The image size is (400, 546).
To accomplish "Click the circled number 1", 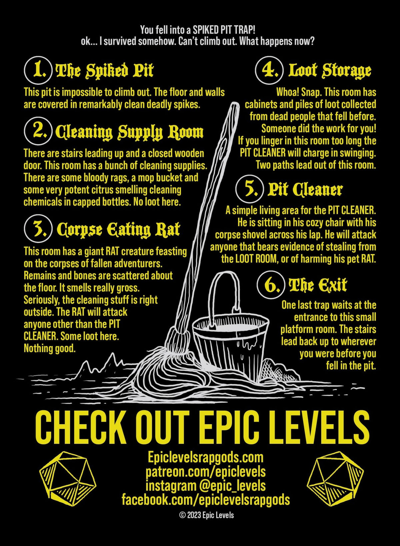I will tap(38, 70).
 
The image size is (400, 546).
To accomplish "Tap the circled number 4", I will tap(269, 70).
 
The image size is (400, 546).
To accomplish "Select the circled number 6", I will tap(271, 285).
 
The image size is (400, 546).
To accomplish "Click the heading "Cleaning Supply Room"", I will tap(129, 132).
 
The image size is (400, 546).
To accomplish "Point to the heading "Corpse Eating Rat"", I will tap(118, 230).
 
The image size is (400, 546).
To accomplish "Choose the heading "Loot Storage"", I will tap(329, 70).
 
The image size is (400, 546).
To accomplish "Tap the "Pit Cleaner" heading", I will tap(305, 190).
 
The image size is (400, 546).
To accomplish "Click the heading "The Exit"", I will tap(318, 285).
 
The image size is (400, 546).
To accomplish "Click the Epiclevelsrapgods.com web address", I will tap(205, 457).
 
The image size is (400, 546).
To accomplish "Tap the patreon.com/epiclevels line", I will tap(205, 472).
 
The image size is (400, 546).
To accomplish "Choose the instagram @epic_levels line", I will tap(205, 486).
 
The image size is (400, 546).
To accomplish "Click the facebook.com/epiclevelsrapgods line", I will tap(205, 500).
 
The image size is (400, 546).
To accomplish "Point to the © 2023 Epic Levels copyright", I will tap(206, 515).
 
